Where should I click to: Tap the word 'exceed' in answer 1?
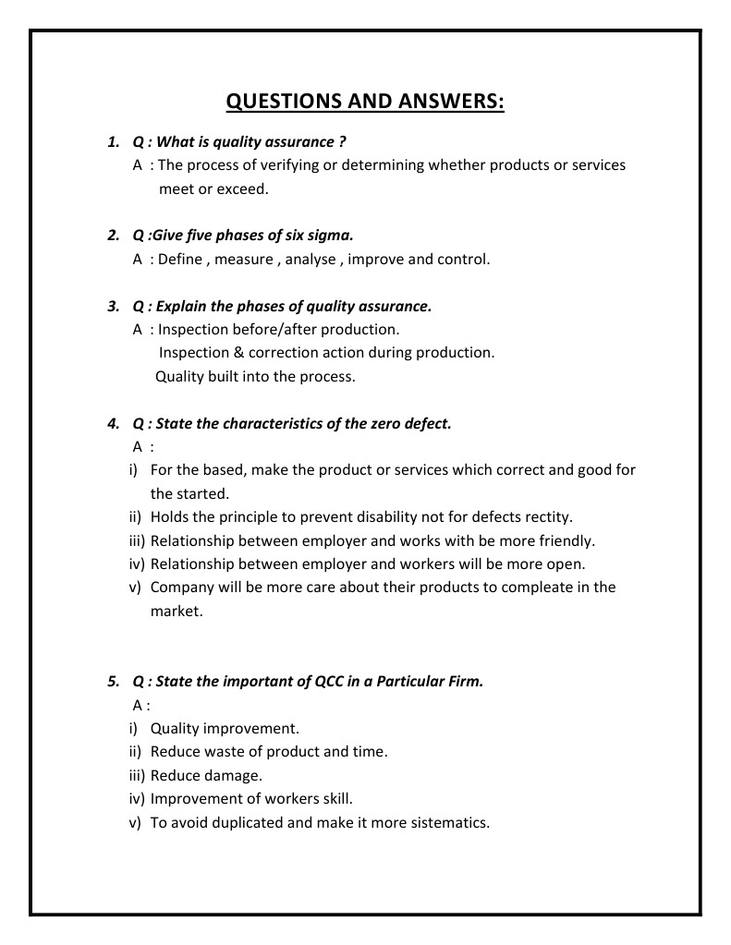coord(240,188)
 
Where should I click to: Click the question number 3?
coord(113,306)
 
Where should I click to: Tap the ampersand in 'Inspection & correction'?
coord(238,353)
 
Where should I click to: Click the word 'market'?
coord(175,611)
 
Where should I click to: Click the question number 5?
coord(113,682)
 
